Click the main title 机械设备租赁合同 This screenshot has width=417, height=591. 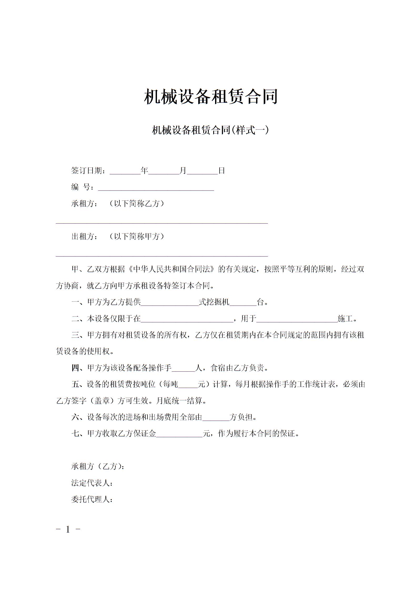click(x=211, y=97)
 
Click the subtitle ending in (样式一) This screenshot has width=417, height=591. click(x=210, y=130)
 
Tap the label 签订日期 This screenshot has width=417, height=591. click(x=87, y=171)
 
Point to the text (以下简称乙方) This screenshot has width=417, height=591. click(x=137, y=204)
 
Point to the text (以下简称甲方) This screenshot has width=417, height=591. click(x=137, y=236)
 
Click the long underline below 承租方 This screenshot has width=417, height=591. click(x=162, y=223)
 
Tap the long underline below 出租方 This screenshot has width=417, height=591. click(x=162, y=255)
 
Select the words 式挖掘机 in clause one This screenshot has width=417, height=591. click(x=214, y=302)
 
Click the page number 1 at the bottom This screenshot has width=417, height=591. click(x=68, y=529)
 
